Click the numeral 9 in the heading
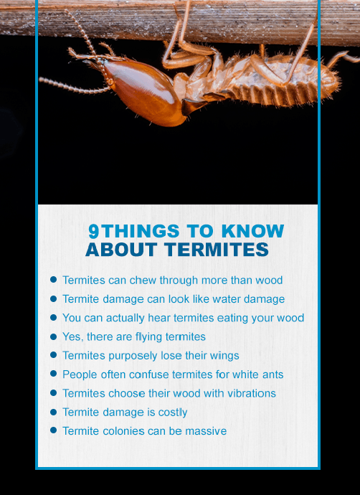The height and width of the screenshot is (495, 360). [94, 232]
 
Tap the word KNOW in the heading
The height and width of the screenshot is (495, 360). [252, 232]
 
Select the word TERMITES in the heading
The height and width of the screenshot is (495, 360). [217, 250]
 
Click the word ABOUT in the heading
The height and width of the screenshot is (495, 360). [121, 250]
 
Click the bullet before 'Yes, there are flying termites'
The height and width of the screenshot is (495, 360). [53, 336]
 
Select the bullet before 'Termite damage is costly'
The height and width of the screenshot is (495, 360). [53, 412]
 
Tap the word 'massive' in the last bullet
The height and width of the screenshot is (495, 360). [206, 431]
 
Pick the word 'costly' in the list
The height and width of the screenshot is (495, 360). [172, 412]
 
